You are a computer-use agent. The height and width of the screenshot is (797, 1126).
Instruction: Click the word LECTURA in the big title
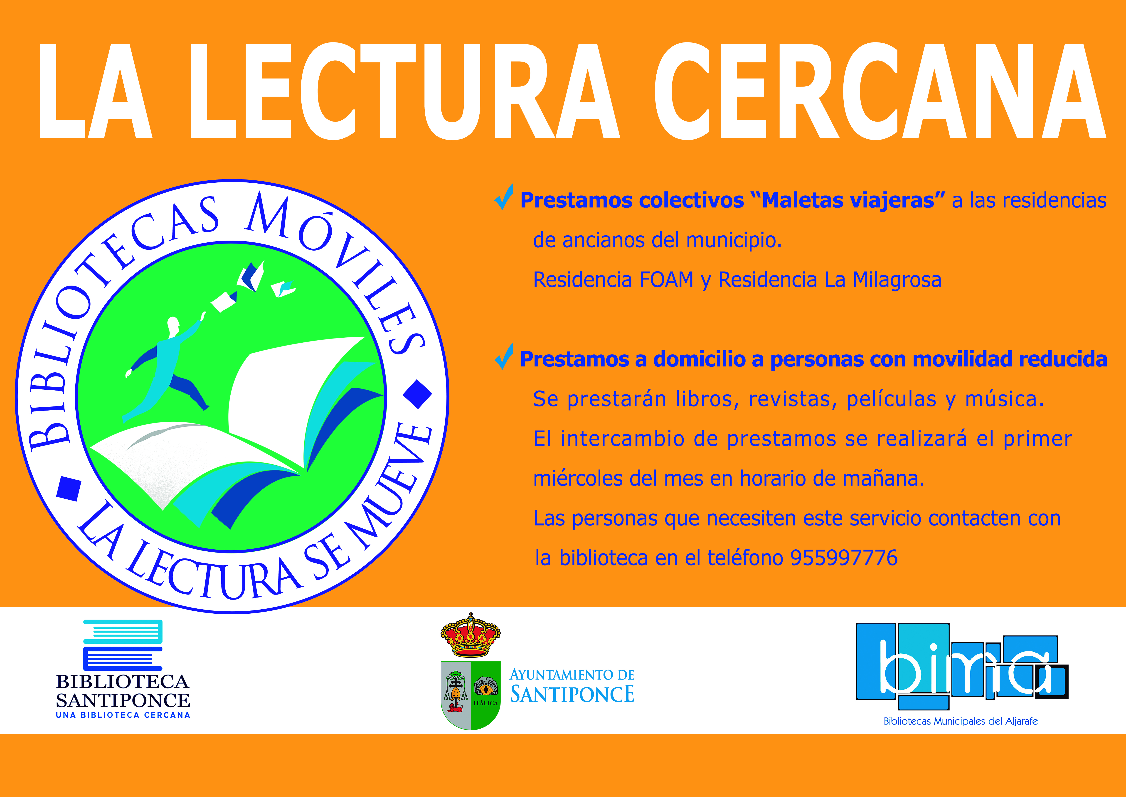[407, 92]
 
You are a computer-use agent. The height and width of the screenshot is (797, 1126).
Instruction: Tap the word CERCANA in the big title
[880, 92]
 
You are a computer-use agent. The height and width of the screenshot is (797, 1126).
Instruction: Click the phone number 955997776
[844, 558]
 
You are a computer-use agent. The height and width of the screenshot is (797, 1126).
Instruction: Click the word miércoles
[577, 478]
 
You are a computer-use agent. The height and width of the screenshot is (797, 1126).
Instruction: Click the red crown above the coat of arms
[470, 635]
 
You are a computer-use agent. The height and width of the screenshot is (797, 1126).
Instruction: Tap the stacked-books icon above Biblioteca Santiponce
[123, 645]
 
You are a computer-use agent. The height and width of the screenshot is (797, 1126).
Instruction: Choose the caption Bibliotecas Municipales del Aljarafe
[961, 721]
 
